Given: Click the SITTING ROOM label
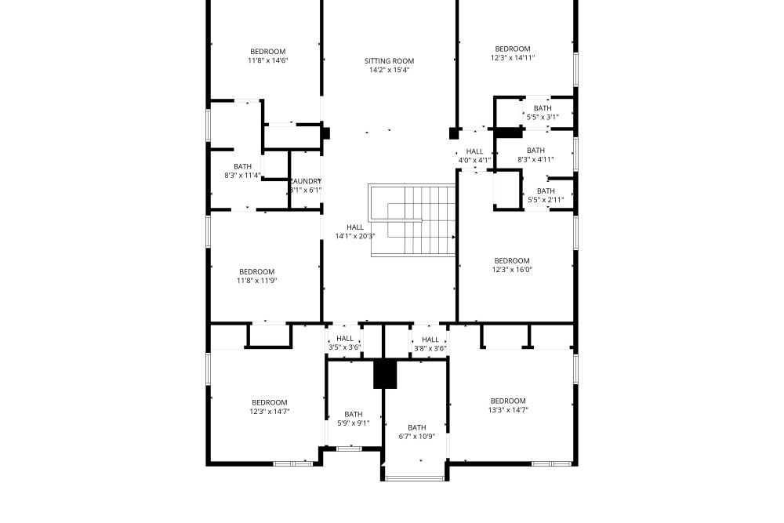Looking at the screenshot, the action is [389, 61].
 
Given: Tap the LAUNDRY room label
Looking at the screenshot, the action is [306, 181].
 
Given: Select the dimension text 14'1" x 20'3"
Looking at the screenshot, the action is [355, 237].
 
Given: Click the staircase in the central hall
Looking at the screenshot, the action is [412, 220].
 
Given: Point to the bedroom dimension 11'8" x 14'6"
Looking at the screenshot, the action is [268, 60].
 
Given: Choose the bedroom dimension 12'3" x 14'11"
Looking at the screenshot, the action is [513, 58].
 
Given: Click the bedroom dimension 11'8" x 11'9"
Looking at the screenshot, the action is [257, 281].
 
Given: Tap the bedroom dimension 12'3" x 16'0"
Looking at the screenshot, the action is [512, 270].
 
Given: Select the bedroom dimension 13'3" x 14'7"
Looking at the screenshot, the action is [508, 410].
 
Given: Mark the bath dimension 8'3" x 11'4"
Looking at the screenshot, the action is [242, 176].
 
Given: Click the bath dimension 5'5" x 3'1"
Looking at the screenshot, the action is [543, 118].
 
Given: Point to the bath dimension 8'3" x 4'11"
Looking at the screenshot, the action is [535, 159].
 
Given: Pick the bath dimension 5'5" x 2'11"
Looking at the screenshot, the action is [546, 200].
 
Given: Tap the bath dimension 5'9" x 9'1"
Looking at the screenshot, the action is [354, 423].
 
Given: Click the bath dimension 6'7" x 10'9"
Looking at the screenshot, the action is [417, 437].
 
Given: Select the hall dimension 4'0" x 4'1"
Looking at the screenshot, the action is [474, 161].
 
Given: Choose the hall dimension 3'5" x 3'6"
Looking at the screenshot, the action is [344, 347].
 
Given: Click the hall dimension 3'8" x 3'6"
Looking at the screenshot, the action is [430, 348].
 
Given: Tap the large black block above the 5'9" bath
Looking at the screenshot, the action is [385, 374].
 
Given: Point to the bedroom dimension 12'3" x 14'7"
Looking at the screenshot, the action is [270, 412].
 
